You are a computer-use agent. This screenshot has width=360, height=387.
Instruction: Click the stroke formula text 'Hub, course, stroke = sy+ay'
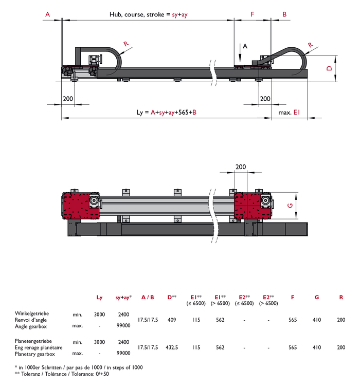click(148, 15)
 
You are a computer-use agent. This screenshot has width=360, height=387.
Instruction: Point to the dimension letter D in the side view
click(329, 69)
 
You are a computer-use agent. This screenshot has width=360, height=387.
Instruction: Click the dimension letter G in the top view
click(290, 206)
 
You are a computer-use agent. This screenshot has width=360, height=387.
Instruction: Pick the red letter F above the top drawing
click(253, 15)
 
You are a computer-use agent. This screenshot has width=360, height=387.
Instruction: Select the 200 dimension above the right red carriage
click(241, 167)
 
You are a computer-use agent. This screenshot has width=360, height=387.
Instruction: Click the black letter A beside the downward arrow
click(245, 46)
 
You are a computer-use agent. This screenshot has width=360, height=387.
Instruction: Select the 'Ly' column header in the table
click(99, 297)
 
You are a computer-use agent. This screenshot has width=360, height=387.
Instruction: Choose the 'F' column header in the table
click(293, 297)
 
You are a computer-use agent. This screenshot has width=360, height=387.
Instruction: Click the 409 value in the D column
click(172, 320)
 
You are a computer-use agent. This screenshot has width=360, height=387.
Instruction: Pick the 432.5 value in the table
click(172, 347)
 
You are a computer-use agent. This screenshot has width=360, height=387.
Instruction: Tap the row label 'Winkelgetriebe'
click(33, 313)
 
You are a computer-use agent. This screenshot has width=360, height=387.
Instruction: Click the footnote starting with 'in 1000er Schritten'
click(80, 367)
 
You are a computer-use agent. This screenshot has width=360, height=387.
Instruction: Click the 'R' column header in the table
click(341, 297)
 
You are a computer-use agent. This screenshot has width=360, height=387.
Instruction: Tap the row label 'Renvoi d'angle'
click(32, 320)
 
